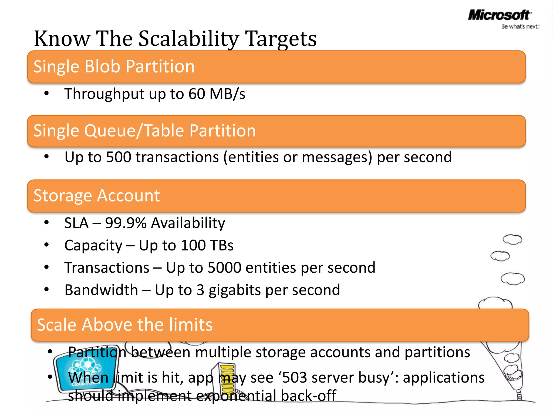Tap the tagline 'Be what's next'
520,26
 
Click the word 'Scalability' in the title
188,39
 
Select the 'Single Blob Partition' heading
114,66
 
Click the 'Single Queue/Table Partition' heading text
144,131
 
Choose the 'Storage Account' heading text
97,195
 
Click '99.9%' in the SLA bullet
126,223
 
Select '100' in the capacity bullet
193,245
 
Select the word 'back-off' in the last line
308,396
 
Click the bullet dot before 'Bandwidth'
47,289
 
